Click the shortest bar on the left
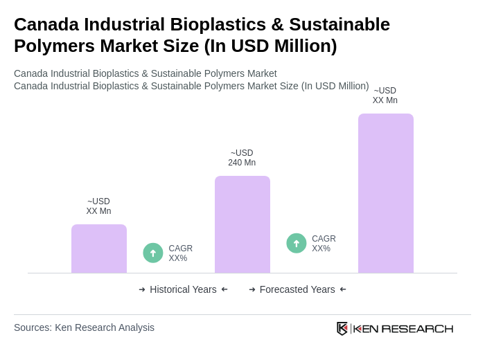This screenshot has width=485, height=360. pos(99,249)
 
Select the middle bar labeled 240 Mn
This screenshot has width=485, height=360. pos(242,224)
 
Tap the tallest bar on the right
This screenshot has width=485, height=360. pos(385,193)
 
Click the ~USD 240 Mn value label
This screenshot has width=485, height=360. pos(242,158)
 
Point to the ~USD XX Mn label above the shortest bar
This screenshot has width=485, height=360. pos(98,206)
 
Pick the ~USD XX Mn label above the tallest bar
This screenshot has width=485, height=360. pos(385,96)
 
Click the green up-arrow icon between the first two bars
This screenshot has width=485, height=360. pos(153,253)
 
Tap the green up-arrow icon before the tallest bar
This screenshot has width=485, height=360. pos(297,243)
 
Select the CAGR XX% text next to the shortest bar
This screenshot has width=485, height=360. pos(180,253)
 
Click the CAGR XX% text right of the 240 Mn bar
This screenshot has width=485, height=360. pos(324,244)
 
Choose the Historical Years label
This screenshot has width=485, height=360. pos(183,289)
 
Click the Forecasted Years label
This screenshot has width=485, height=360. pos(297,289)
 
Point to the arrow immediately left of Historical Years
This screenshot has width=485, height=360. pos(142,289)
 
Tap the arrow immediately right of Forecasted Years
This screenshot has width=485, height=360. pos(343,289)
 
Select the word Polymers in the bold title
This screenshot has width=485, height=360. pos(49,46)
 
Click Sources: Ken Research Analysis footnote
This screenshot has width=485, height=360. pos(84,327)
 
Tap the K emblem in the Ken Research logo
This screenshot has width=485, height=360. pos(342,328)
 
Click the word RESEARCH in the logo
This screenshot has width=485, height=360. pos(417,328)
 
